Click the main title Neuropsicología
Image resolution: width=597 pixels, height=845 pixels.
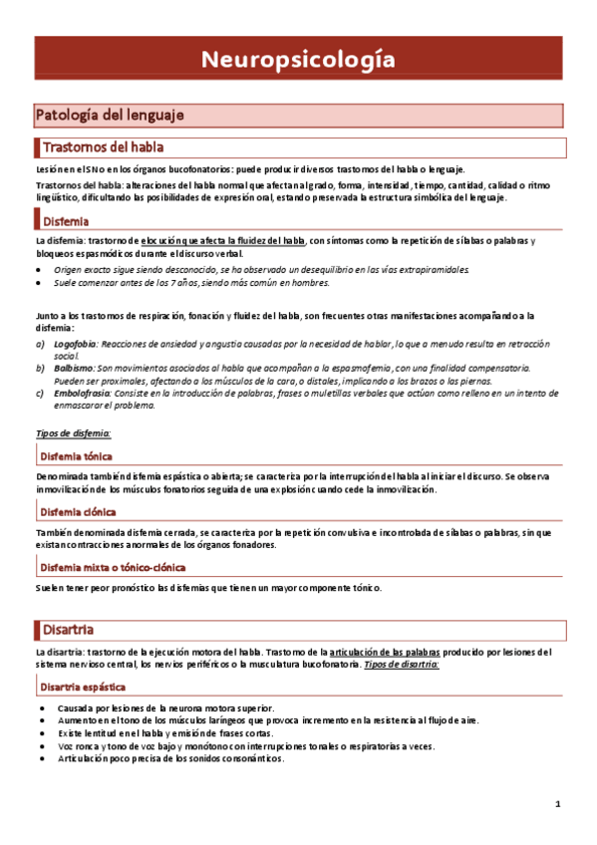coord(298,60)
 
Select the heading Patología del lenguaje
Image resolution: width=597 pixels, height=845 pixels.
coord(110,115)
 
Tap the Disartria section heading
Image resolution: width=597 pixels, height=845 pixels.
coord(68,629)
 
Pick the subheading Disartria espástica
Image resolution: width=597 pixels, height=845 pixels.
coord(89,687)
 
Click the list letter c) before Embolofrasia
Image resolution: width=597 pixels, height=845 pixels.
coord(39,393)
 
